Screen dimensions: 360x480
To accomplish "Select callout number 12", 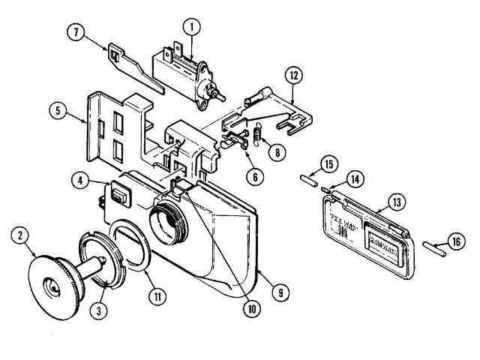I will [293, 75].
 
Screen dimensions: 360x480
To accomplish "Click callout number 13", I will [396, 202].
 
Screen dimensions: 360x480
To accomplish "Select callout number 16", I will [454, 241].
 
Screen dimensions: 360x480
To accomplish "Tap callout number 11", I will [157, 295].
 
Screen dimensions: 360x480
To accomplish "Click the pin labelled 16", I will [436, 247].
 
